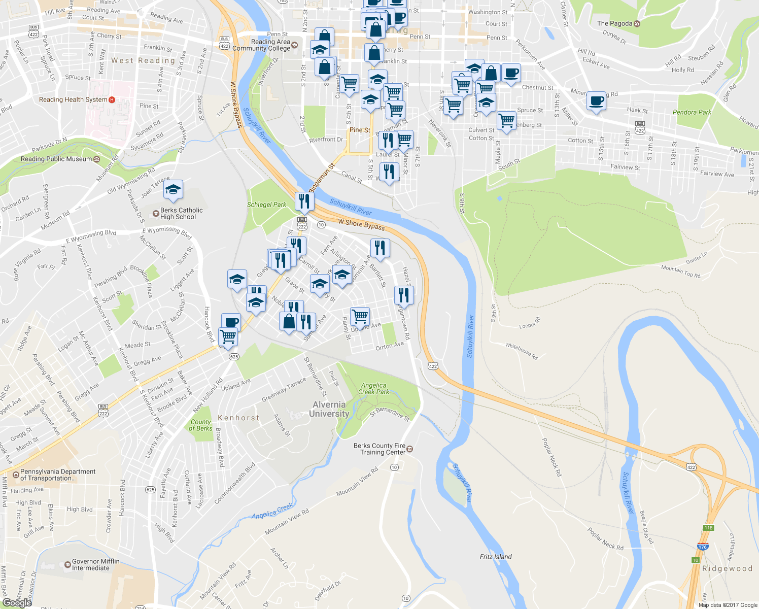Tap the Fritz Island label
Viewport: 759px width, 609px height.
coord(496,557)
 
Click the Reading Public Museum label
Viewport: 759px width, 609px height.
coord(56,159)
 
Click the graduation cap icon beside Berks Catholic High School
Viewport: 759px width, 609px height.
coord(173,190)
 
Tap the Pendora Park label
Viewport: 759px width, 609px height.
coord(692,112)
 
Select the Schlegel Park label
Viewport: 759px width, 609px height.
coord(266,205)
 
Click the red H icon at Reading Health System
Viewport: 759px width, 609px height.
coord(112,99)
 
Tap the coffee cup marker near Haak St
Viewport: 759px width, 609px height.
coord(596,101)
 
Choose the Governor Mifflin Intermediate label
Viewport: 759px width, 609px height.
coord(95,564)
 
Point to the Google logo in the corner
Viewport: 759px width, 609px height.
coord(17,603)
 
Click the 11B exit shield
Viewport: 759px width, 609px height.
coord(708,528)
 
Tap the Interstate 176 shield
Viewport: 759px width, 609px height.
coord(703,547)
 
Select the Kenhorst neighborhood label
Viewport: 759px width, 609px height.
coord(238,418)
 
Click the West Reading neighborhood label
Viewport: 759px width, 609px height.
coord(143,60)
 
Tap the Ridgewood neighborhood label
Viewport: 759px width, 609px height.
coord(727,568)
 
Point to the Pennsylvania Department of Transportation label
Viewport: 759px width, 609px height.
coord(57,475)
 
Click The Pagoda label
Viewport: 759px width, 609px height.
coord(614,23)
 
